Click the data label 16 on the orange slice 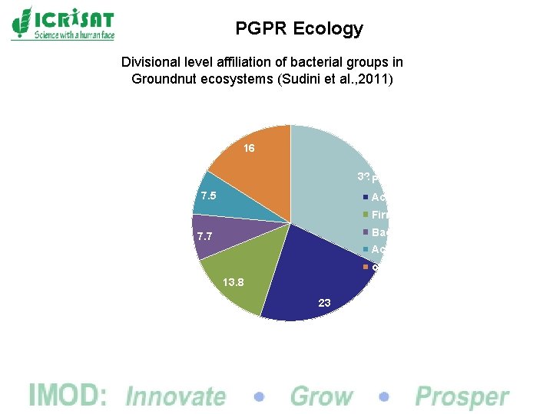(x=249, y=148)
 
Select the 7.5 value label (x=208, y=196)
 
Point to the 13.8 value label (x=233, y=282)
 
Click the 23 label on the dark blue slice (x=324, y=303)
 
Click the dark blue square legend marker (x=366, y=198)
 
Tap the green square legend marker (x=366, y=215)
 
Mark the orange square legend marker (x=366, y=267)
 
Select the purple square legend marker (x=366, y=232)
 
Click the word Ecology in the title (x=327, y=29)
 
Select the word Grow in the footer (x=321, y=396)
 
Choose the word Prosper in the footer (x=462, y=396)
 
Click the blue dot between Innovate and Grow (x=259, y=397)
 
